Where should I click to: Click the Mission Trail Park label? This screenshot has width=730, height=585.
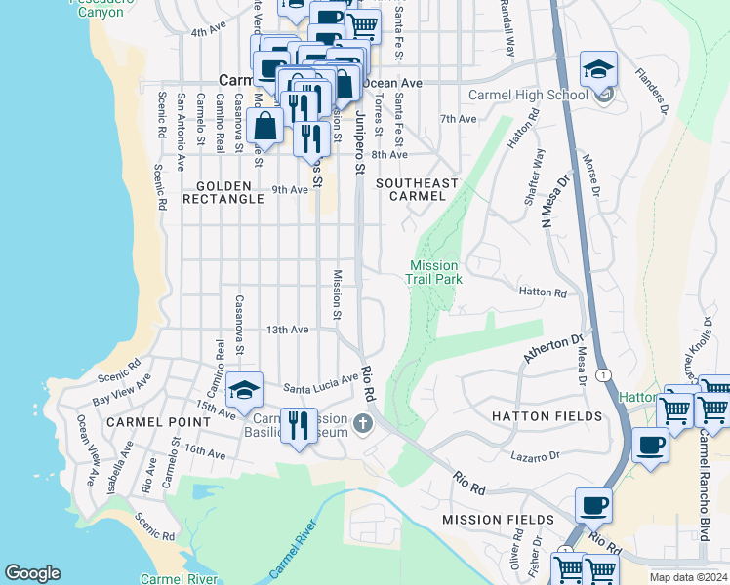(x=433, y=272)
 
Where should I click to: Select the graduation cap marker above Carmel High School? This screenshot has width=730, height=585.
(x=598, y=69)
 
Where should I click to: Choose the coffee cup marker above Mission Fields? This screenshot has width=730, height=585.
(x=593, y=505)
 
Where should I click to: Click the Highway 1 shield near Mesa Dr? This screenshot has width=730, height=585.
(x=604, y=374)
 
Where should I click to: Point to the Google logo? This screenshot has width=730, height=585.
(x=32, y=573)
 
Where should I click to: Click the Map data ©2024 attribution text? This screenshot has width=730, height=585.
(x=687, y=577)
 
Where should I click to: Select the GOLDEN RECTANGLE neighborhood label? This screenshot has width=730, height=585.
(x=230, y=192)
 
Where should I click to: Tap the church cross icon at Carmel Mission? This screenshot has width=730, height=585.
(x=363, y=422)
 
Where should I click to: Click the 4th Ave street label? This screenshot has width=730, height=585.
(x=208, y=32)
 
